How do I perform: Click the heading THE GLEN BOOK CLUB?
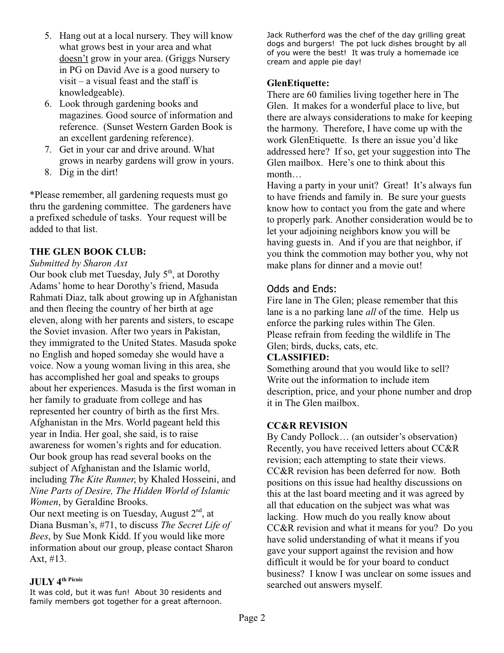[x=88, y=251]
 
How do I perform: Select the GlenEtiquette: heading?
[x=298, y=83]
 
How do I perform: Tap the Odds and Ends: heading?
[x=302, y=289]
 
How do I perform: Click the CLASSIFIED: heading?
[x=298, y=357]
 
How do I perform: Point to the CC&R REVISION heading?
[x=307, y=425]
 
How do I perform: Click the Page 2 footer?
[x=252, y=618]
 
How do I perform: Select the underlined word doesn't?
[x=73, y=59]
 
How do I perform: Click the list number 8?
[x=48, y=172]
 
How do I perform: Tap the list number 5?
[x=48, y=36]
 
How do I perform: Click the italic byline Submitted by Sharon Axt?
[x=78, y=263]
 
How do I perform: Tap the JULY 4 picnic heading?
[x=56, y=582]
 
